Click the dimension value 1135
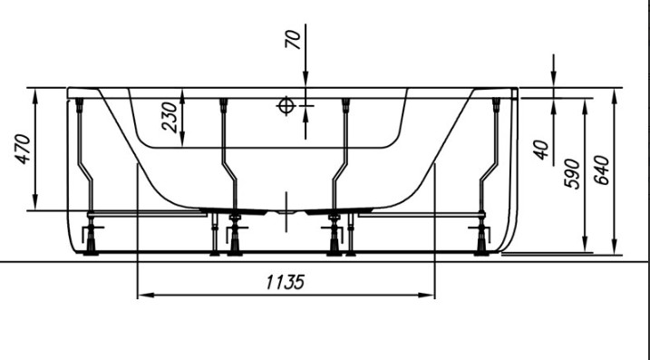point(286,282)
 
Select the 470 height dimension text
point(24,150)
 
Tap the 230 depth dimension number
point(170,117)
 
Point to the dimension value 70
point(293,39)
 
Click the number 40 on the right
point(541,151)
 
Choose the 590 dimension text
point(572,173)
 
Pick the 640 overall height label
point(601,170)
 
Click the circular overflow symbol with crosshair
point(286,106)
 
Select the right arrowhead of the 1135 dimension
point(427,296)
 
